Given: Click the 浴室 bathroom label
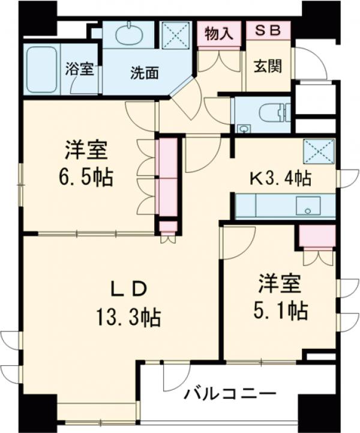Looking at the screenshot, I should click(79, 68).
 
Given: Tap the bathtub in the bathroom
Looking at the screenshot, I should click(41, 70).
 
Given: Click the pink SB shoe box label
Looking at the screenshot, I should click(268, 31).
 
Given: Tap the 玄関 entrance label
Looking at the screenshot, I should click(268, 66).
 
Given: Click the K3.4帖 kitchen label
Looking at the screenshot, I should click(280, 178).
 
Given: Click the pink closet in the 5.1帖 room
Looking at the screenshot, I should click(317, 237).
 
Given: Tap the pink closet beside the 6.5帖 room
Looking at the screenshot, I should click(167, 178).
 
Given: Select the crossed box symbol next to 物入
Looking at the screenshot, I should click(178, 34).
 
